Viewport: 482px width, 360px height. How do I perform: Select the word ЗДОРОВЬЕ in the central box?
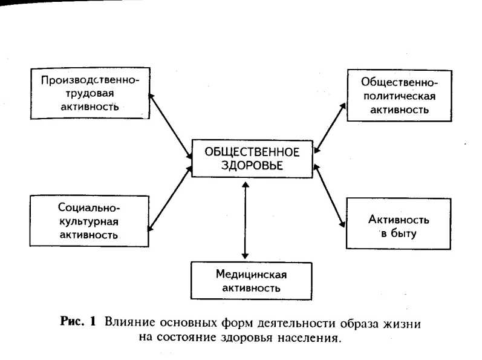tap(252, 165)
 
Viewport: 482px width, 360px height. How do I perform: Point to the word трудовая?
tap(90, 93)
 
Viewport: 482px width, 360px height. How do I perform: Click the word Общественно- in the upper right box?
tap(399, 82)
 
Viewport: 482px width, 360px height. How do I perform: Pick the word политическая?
tap(399, 96)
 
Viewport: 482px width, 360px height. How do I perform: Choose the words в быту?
tap(399, 232)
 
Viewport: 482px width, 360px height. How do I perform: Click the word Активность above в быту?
tap(399, 218)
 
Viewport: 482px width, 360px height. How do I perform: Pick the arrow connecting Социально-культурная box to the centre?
tap(169, 198)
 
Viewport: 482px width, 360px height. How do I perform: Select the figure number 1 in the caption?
tap(93, 322)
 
